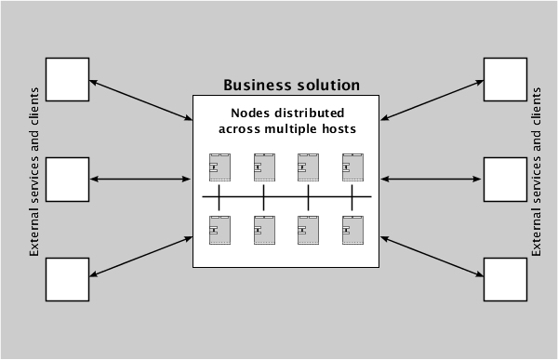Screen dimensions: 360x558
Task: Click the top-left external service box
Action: [x=68, y=79]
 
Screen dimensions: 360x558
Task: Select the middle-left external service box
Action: [x=68, y=179]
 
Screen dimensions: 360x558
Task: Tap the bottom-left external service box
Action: [x=68, y=279]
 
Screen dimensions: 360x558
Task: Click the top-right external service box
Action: [x=505, y=79]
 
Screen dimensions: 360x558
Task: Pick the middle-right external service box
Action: [x=505, y=179]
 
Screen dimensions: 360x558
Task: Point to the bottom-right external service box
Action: [x=505, y=279]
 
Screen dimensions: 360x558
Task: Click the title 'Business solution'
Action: [x=291, y=86]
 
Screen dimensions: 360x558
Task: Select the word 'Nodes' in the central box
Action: [x=225, y=114]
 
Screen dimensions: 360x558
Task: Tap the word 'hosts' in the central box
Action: [x=337, y=129]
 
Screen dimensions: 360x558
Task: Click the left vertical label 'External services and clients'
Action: [x=35, y=172]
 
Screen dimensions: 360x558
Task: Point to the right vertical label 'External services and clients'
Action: [x=536, y=172]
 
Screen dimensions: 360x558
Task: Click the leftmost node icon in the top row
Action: [x=219, y=167]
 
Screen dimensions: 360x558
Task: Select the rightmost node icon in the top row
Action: [x=352, y=167]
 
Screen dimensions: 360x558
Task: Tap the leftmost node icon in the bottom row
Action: [x=219, y=230]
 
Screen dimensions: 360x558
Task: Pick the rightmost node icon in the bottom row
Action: [x=352, y=230]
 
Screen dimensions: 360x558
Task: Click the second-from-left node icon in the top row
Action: [x=263, y=167]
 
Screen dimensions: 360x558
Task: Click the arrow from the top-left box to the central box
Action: [x=140, y=100]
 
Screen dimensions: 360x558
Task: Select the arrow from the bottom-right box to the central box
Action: [x=432, y=256]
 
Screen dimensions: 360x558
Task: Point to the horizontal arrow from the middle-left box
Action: [x=140, y=179]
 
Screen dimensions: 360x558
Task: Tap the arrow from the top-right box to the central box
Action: [x=432, y=100]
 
